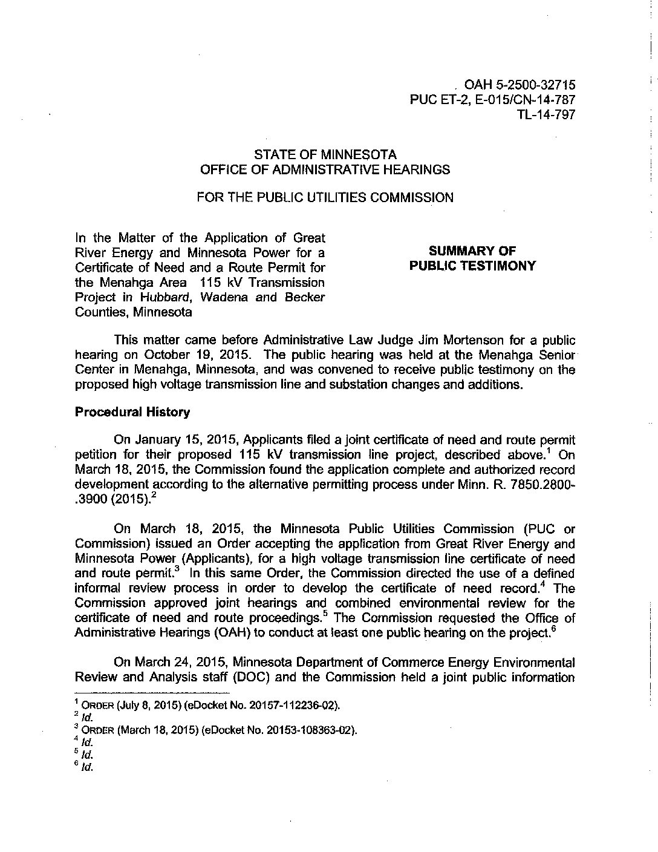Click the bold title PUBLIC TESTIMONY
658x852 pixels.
click(472, 266)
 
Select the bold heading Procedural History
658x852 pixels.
click(132, 412)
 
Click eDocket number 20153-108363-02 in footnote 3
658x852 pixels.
click(313, 730)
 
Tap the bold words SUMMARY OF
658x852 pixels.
click(472, 251)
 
